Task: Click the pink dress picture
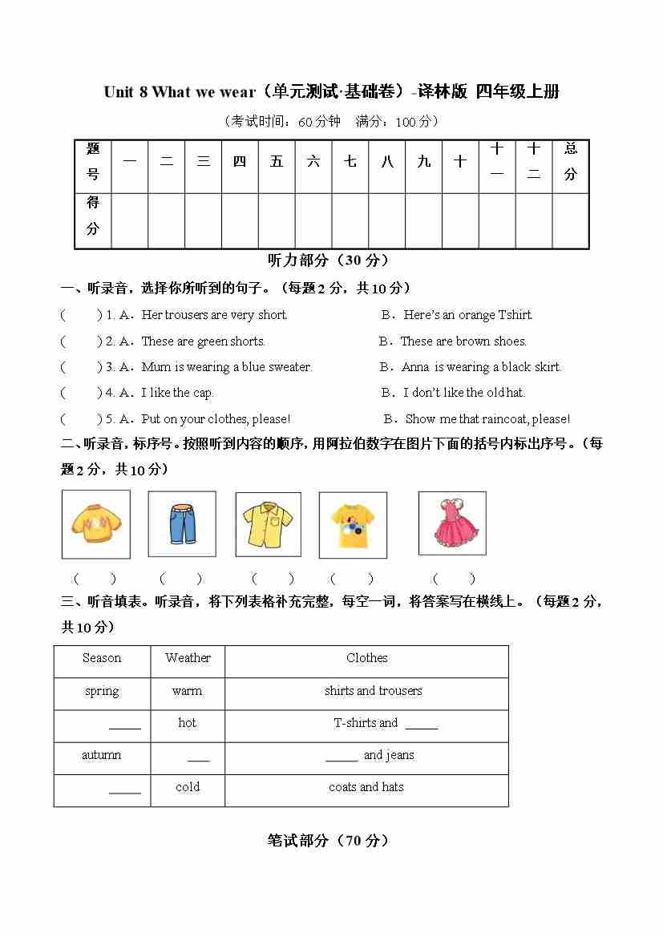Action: pos(453,523)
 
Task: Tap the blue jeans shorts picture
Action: pos(182,523)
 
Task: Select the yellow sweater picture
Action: pos(95,524)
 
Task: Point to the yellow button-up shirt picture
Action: pos(268,524)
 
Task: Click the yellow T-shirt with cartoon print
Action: pos(353,524)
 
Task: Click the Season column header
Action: pos(102,658)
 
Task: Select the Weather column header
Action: pos(188,658)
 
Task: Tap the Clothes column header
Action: pos(366,658)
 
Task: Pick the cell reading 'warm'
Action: pos(187,691)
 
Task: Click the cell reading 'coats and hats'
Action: pos(366,787)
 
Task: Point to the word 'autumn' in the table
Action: pos(102,755)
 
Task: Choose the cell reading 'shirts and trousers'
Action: pos(373,691)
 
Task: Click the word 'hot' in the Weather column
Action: pos(187,723)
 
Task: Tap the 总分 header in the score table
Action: pos(570,161)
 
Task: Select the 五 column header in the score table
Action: pos(277,161)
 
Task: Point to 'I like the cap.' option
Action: pos(177,393)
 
